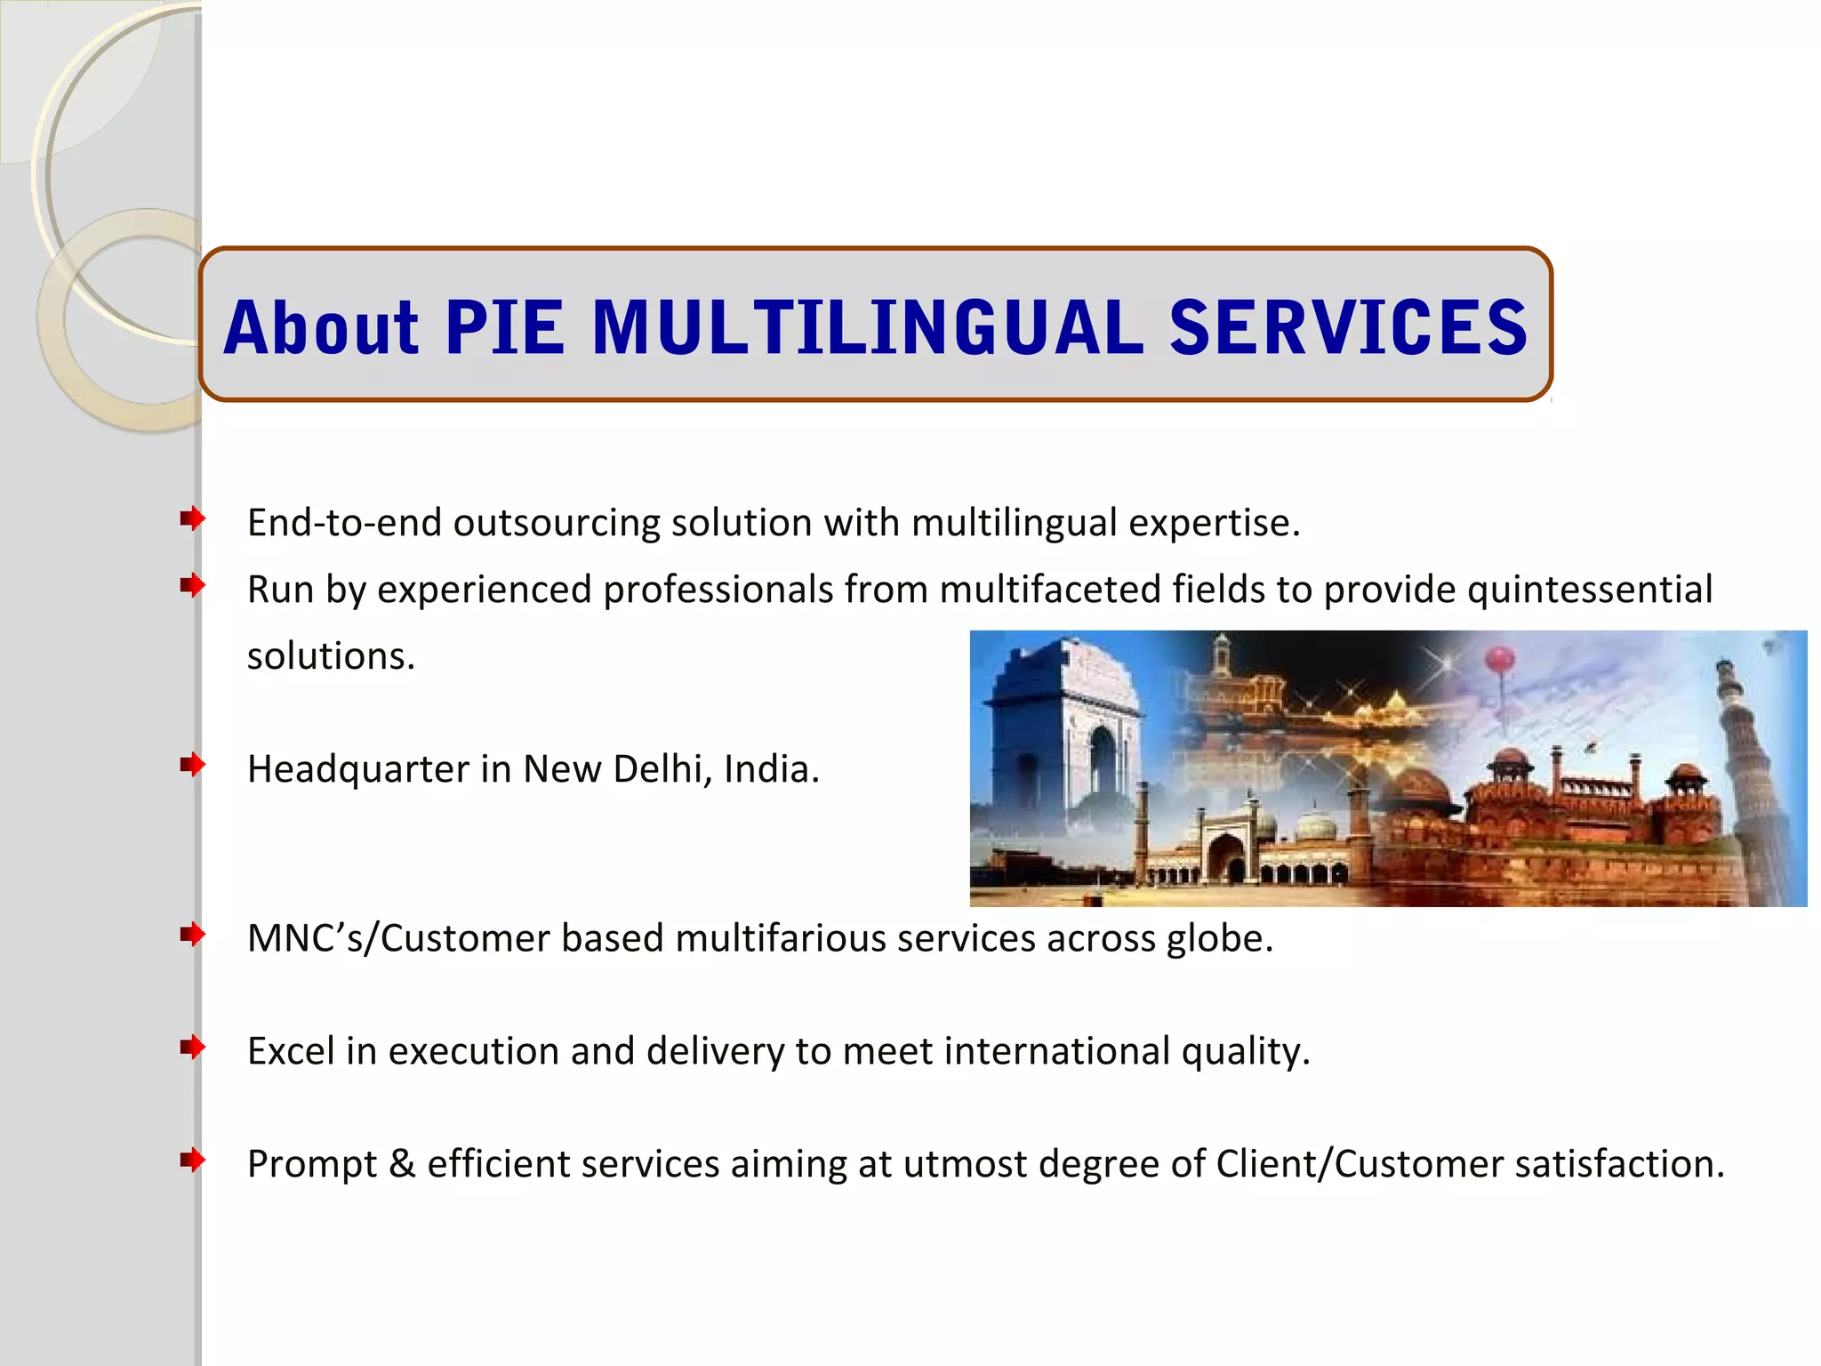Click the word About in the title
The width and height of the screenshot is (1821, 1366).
pyautogui.click(x=321, y=327)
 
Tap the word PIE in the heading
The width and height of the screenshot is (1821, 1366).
pyautogui.click(x=505, y=327)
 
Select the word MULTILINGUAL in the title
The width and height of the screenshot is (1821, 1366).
pyautogui.click(x=867, y=327)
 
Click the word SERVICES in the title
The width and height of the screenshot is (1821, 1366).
pyautogui.click(x=1348, y=327)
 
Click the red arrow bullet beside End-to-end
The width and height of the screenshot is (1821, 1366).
pyautogui.click(x=192, y=518)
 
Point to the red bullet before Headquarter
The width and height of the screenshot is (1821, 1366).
pyautogui.click(x=192, y=765)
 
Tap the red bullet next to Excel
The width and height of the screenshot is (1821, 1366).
pyautogui.click(x=192, y=1048)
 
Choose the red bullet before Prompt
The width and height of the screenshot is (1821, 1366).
pyautogui.click(x=192, y=1160)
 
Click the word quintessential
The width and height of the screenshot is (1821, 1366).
pyautogui.click(x=1589, y=590)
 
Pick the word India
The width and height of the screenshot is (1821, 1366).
pyautogui.click(x=770, y=769)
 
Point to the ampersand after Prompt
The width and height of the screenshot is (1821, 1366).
pyautogui.click(x=402, y=1164)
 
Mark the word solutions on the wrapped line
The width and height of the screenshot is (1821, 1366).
pyautogui.click(x=331, y=657)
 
